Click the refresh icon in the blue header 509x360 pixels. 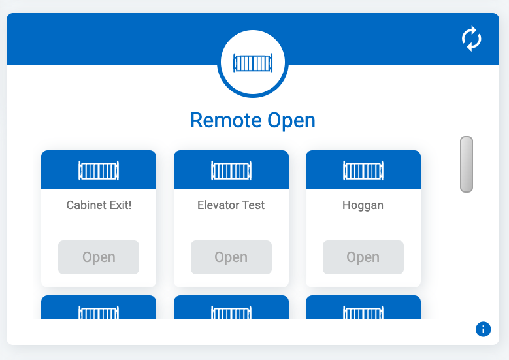[471, 39]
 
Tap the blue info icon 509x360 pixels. [483, 329]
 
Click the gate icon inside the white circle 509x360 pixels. [253, 63]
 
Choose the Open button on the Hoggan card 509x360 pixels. [363, 257]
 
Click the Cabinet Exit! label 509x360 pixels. [99, 205]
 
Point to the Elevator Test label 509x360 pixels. [231, 205]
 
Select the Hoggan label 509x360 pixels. [363, 206]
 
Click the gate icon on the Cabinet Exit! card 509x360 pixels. [99, 171]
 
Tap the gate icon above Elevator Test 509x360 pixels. [231, 171]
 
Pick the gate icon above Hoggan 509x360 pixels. [363, 171]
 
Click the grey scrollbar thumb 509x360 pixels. [467, 164]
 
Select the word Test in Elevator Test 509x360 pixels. [253, 205]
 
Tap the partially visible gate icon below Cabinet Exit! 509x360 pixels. [99, 312]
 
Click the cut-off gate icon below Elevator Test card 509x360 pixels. [231, 312]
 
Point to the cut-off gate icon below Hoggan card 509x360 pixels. [363, 312]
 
